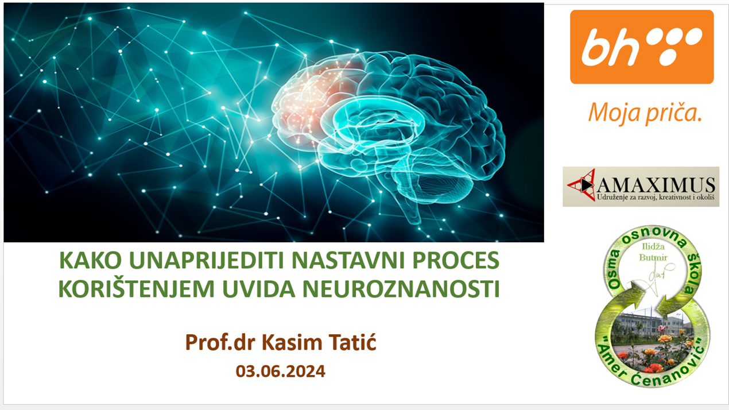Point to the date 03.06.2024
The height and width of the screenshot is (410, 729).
point(280,372)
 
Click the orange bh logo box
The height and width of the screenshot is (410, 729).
point(642,47)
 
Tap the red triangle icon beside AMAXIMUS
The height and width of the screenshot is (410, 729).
point(581,185)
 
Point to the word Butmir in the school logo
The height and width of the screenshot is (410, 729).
point(653,258)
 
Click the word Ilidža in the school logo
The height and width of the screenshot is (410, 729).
point(653,246)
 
